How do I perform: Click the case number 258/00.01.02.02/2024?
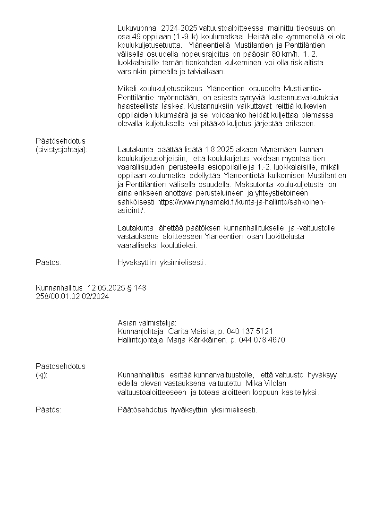(72, 296)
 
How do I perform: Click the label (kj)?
(42, 375)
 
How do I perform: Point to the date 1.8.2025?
(206, 149)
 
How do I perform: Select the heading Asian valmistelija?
(147, 323)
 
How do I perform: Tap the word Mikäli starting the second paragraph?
(127, 89)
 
